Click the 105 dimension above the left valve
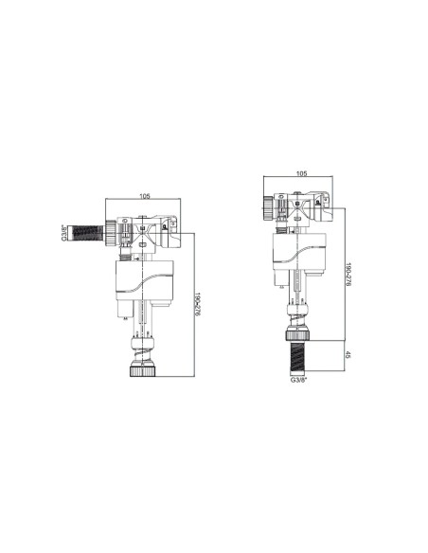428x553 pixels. coord(145,197)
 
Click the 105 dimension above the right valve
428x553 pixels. coord(301,174)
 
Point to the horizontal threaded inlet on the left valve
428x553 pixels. coord(89,231)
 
